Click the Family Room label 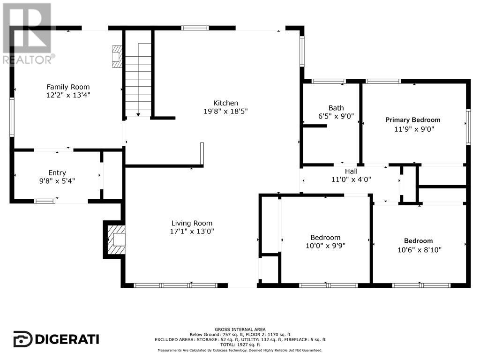pyautogui.click(x=68, y=87)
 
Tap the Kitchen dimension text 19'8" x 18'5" pyautogui.click(x=225, y=111)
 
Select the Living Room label pyautogui.click(x=192, y=223)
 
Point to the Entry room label pyautogui.click(x=57, y=172)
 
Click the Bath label pyautogui.click(x=336, y=108)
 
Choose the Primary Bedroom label pyautogui.click(x=412, y=120)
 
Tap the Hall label pyautogui.click(x=351, y=172)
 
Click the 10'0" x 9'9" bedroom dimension pyautogui.click(x=325, y=245)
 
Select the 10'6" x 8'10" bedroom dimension pyautogui.click(x=419, y=249)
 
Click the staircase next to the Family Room pyautogui.click(x=138, y=80)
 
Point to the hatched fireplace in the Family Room pyautogui.click(x=117, y=57)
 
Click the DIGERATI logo pyautogui.click(x=56, y=338)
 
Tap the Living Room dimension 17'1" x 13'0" pyautogui.click(x=192, y=231)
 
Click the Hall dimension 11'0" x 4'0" pyautogui.click(x=351, y=179)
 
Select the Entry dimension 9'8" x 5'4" pyautogui.click(x=57, y=180)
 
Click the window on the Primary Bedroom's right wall pyautogui.click(x=467, y=126)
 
